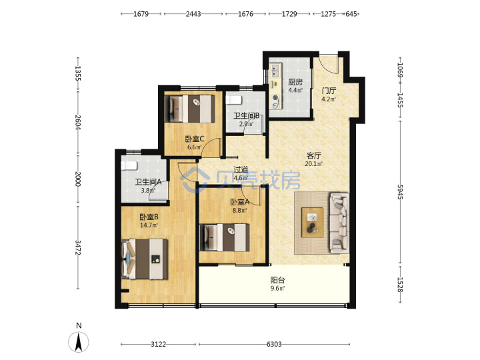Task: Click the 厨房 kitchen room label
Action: (295, 82)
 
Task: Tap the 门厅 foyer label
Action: (329, 91)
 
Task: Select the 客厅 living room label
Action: (314, 155)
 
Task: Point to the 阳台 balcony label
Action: (277, 280)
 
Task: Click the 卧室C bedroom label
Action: (195, 139)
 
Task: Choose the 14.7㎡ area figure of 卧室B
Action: (149, 225)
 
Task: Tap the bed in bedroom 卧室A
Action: (225, 237)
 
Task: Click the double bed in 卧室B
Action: (145, 259)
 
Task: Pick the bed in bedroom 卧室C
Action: (190, 109)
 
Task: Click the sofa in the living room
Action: (339, 223)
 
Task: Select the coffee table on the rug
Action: (313, 223)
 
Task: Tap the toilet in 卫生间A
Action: (129, 165)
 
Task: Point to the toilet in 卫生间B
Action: (234, 100)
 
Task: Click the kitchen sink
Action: (275, 71)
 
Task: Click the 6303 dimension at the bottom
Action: (274, 345)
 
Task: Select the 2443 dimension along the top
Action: (193, 14)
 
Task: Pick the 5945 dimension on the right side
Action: (400, 191)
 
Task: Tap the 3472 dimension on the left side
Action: (78, 247)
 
